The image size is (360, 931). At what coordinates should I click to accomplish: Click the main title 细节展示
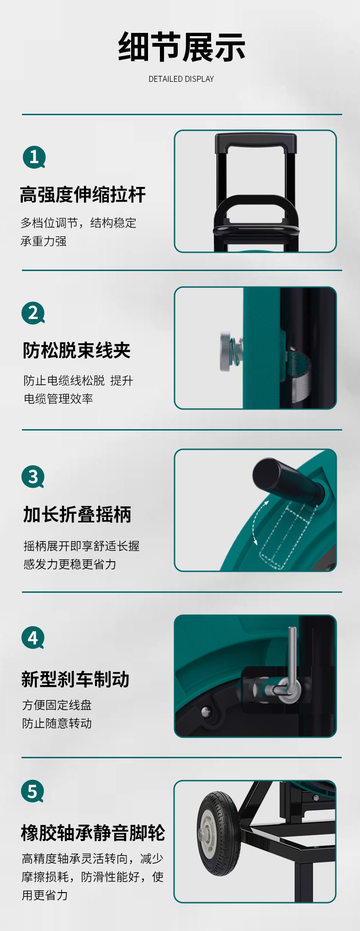[x=182, y=47]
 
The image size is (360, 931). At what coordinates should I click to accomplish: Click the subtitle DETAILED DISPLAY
[x=181, y=79]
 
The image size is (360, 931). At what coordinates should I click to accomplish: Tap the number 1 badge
[x=34, y=157]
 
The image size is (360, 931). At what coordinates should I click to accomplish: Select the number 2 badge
[x=33, y=313]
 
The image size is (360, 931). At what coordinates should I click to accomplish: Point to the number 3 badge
[x=33, y=477]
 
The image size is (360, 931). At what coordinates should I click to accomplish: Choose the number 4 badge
[x=33, y=638]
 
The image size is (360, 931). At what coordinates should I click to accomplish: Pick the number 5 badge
[x=32, y=791]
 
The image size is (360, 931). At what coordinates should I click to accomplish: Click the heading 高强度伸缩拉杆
[x=83, y=195]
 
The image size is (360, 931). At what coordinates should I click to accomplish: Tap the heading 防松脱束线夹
[x=77, y=351]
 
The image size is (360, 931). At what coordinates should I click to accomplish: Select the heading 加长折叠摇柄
[x=77, y=514]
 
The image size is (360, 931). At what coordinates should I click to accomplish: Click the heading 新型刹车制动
[x=75, y=679]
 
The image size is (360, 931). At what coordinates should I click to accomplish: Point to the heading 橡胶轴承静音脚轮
[x=93, y=833]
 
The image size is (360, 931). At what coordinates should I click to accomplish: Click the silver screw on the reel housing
[x=206, y=712]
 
